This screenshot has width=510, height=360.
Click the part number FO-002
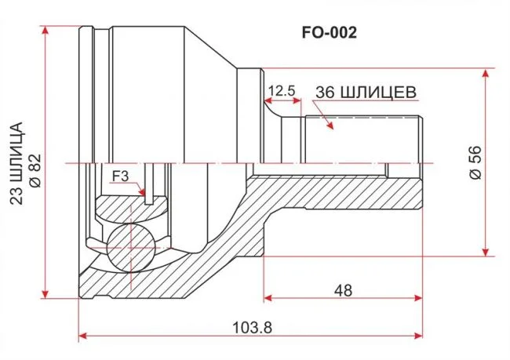click(330, 33)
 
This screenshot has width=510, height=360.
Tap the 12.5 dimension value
click(282, 91)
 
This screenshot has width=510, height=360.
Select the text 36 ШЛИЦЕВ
click(366, 93)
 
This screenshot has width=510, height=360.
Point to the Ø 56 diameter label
click(475, 162)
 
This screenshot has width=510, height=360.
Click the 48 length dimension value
click(343, 290)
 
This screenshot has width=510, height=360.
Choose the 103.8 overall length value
click(252, 328)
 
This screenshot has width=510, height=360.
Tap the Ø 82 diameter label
click(35, 170)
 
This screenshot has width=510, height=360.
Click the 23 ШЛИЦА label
click(16, 163)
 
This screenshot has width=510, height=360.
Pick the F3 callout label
click(120, 176)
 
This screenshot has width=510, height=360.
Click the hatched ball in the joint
click(130, 248)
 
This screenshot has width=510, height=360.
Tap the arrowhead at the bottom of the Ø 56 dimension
click(486, 252)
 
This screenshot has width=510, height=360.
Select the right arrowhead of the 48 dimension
click(419, 297)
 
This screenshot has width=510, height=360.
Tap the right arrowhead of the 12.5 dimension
click(297, 100)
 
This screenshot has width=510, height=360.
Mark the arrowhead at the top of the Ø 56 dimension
click(486, 73)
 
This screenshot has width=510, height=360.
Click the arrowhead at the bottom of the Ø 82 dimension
click(46, 294)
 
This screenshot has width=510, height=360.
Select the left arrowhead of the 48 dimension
click(268, 297)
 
